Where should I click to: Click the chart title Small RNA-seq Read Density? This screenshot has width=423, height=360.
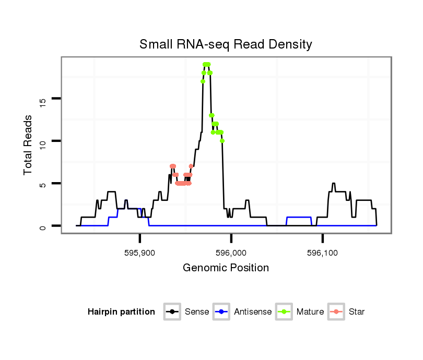(x=226, y=44)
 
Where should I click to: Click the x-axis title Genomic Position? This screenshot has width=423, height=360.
(x=226, y=268)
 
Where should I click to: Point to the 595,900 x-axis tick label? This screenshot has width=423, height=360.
(x=140, y=253)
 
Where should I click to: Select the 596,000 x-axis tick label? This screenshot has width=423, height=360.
(x=231, y=253)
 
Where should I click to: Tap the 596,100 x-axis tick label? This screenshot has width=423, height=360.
(x=323, y=253)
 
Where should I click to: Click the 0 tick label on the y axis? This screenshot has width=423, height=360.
(x=43, y=226)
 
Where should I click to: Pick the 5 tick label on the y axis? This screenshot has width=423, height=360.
(x=43, y=184)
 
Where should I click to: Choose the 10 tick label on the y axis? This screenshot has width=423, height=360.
(x=43, y=141)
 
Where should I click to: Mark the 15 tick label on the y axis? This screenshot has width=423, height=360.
(x=43, y=99)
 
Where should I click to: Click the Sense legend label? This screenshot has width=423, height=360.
(x=197, y=312)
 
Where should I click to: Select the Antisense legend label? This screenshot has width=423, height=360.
(x=253, y=312)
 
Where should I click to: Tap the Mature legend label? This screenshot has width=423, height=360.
(x=310, y=312)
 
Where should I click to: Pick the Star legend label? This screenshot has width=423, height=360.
(x=357, y=312)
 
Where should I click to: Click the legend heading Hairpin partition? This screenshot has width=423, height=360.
(x=122, y=312)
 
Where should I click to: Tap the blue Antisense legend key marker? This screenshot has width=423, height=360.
(x=222, y=312)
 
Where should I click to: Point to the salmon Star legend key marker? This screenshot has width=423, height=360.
(x=336, y=312)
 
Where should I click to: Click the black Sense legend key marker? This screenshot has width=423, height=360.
(x=173, y=312)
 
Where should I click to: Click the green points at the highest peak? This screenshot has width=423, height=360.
(x=206, y=64)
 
